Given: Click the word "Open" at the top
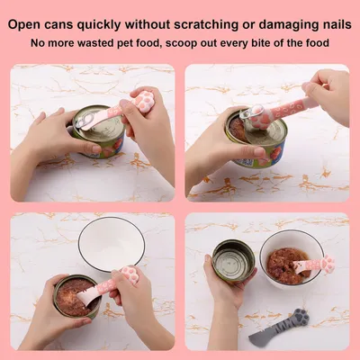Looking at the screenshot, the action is pos(23,25).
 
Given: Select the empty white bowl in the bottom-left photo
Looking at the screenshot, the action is pos(112,244).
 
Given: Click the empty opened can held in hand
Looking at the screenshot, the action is pos(233,262).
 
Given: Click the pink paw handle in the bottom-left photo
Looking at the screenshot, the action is pos(130,274).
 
